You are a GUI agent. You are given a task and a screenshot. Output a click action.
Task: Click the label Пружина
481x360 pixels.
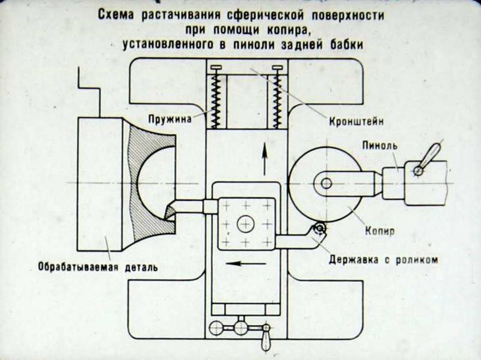173,119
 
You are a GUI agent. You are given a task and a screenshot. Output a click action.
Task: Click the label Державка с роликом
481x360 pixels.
382,260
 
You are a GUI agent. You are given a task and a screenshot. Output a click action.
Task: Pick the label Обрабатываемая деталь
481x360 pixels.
97,267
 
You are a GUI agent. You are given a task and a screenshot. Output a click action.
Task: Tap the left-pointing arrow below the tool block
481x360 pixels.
247,263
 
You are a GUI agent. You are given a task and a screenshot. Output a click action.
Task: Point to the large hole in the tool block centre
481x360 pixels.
245,224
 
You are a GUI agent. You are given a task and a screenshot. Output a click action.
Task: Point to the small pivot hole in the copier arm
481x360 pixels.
326,183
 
